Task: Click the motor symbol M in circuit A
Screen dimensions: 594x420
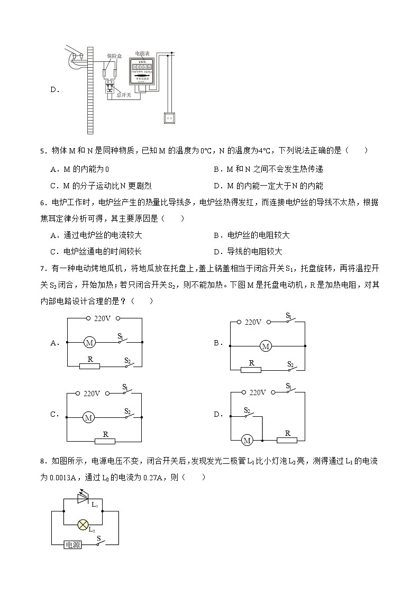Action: pos(89,343)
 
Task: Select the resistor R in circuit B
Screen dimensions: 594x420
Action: pos(251,369)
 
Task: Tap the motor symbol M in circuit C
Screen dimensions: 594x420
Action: pos(89,418)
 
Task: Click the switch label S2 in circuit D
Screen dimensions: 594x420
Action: pos(247,410)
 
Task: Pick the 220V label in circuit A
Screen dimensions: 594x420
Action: pos(102,318)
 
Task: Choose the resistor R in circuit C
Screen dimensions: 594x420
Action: pos(105,441)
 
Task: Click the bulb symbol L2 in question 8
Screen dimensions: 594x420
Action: pos(83,524)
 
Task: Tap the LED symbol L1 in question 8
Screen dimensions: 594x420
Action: pos(84,498)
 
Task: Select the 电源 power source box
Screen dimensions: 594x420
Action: pos(72,544)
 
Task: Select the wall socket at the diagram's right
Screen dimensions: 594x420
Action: pos(169,117)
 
